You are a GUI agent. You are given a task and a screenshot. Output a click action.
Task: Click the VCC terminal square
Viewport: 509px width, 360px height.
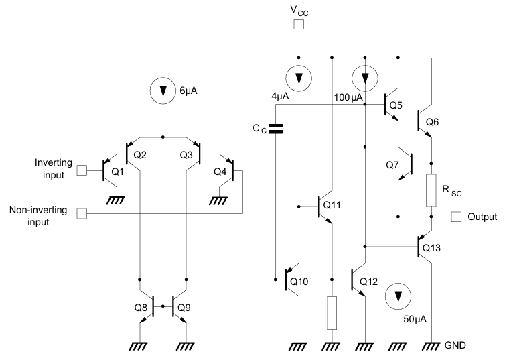[x=298, y=25]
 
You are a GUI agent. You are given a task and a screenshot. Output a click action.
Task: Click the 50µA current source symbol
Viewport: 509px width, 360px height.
[x=398, y=296]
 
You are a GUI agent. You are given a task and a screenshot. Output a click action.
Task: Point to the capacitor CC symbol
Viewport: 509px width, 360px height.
[x=275, y=129]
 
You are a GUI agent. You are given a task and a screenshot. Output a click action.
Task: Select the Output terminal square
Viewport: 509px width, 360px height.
[x=456, y=217]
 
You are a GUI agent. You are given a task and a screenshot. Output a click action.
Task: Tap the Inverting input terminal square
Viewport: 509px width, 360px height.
[x=82, y=170]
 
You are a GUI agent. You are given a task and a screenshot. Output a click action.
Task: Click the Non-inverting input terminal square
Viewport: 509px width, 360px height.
[x=82, y=214]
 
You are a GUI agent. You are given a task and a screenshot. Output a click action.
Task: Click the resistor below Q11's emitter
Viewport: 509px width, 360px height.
[x=332, y=312]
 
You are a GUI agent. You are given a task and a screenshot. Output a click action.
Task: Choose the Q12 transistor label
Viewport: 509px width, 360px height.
[x=368, y=281]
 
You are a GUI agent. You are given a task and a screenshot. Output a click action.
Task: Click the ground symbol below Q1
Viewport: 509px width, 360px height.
[x=116, y=199]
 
